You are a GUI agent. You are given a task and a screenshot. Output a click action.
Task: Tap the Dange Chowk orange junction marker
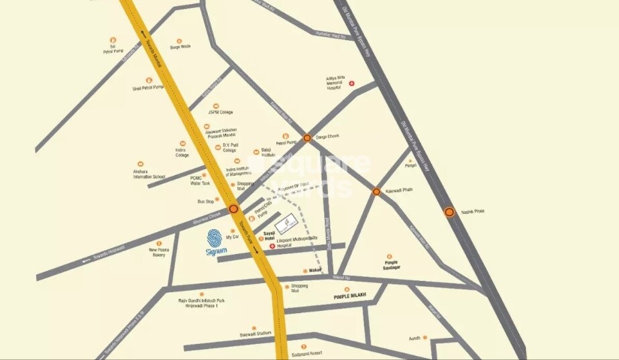[x=306, y=137]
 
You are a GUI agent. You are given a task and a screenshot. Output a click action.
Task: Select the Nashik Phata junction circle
[x=449, y=212]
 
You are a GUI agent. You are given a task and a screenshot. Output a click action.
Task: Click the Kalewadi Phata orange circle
[x=376, y=192]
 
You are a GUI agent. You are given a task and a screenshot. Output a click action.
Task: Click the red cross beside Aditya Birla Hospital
[x=351, y=83]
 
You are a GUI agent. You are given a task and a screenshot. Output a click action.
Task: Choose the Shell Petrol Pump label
[x=148, y=87]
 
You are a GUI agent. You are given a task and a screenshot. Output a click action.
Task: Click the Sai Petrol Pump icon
[x=113, y=40]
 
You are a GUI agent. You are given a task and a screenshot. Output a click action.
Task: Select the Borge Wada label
[x=180, y=47]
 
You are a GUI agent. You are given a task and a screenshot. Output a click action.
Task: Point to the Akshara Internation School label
[x=149, y=174]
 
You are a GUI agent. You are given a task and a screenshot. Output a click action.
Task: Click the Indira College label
[x=182, y=152]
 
